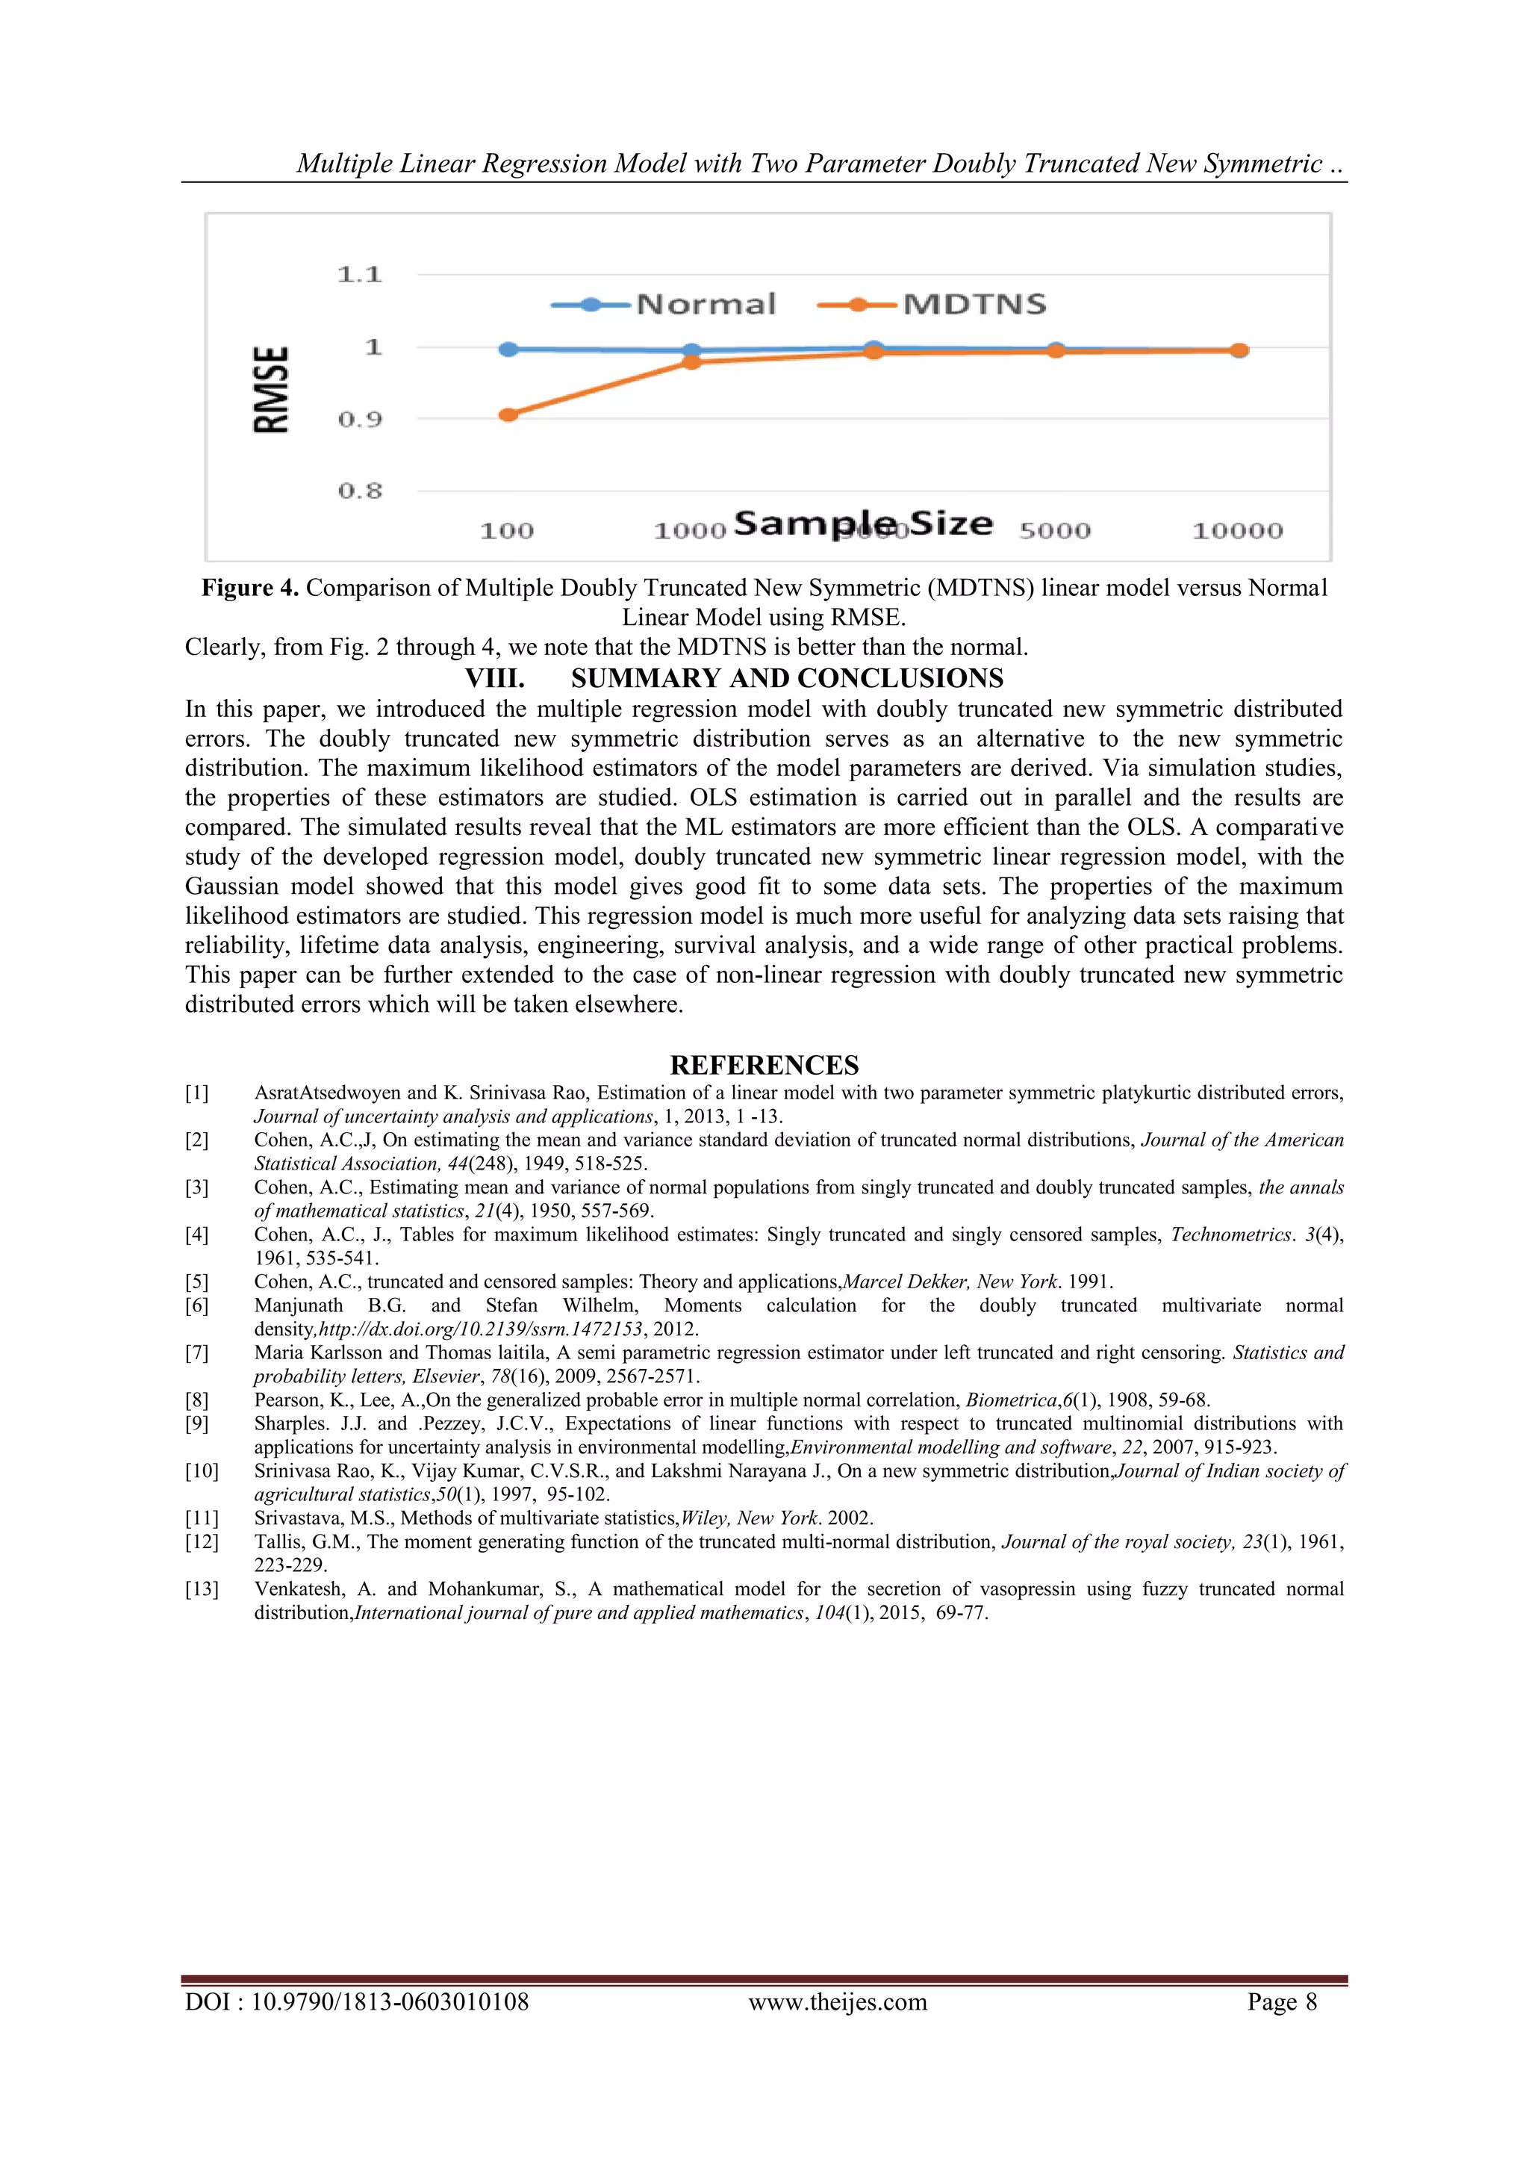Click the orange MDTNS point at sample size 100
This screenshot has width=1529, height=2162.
508,414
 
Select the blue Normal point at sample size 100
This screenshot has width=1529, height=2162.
508,350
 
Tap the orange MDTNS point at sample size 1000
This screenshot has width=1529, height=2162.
691,361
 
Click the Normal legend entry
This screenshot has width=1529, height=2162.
664,304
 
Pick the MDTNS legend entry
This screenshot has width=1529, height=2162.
932,304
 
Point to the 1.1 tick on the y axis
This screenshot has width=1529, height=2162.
360,275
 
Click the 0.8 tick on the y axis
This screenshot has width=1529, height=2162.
360,491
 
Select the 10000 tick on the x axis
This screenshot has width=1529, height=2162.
1237,531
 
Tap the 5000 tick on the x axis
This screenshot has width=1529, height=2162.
1054,531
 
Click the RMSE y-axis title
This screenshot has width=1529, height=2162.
271,389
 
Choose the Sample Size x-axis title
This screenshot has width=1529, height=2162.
862,524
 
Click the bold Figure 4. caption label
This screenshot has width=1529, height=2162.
249,588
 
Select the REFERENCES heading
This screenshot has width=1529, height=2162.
764,1065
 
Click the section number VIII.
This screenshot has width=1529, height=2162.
494,678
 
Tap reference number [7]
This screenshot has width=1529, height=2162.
197,1353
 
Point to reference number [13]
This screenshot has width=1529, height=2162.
201,1589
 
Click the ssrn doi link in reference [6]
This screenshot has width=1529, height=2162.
481,1329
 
